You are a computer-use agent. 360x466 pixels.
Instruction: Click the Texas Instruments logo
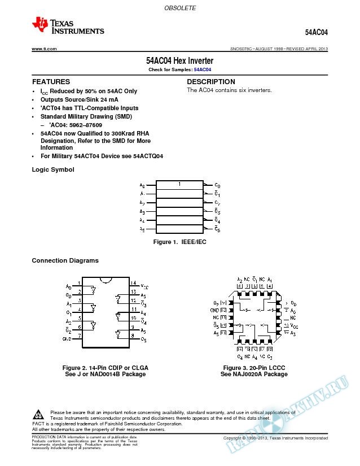click(68, 25)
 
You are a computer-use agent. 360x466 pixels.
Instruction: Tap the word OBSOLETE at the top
click(180, 9)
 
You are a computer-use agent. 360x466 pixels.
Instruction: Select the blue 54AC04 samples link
click(203, 69)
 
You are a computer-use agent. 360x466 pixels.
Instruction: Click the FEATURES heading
click(51, 82)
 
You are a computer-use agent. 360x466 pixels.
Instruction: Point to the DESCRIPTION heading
click(211, 82)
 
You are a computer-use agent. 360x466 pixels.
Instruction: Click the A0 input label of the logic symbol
click(142, 185)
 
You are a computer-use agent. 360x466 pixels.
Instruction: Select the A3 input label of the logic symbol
click(142, 211)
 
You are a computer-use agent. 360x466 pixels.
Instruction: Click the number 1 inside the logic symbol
click(179, 184)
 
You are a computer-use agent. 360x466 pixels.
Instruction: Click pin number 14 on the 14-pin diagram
click(134, 283)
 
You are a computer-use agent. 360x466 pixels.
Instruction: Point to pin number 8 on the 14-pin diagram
click(133, 336)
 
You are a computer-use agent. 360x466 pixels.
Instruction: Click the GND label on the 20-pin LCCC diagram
click(215, 310)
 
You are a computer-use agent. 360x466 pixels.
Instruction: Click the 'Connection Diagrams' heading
click(65, 260)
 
